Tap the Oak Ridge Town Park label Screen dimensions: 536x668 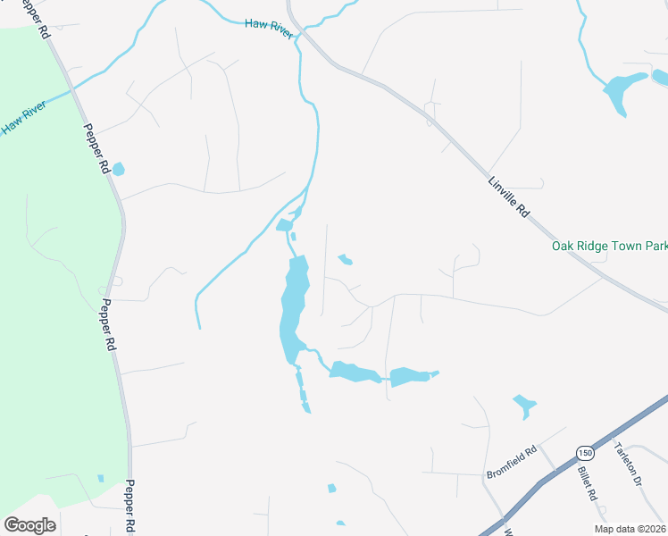609,246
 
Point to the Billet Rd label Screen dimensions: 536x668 586,483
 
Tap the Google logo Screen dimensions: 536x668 29,525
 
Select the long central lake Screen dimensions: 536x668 293,308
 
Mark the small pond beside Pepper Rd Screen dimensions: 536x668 118,169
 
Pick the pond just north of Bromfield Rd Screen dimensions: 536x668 524,407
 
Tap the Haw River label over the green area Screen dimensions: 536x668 22,117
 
